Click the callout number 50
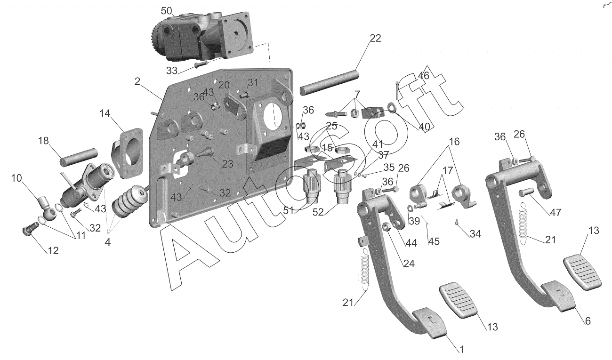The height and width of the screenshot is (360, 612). [166, 11]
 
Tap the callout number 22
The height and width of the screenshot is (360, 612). [375, 38]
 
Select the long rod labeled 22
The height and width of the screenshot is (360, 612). [330, 83]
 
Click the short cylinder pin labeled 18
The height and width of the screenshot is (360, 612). [79, 157]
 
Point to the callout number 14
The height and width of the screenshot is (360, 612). [105, 113]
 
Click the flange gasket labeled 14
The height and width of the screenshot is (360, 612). [127, 153]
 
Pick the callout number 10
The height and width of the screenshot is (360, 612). [16, 178]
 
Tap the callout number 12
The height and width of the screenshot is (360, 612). [53, 251]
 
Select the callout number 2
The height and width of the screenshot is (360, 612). [137, 81]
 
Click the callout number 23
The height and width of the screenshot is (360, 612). [227, 164]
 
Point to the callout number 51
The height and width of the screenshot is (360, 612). [289, 210]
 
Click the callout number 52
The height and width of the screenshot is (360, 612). [318, 212]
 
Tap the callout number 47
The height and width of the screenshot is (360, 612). [556, 213]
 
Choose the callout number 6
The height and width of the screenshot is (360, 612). [588, 320]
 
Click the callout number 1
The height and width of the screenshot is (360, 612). [462, 349]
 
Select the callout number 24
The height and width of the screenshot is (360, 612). [409, 264]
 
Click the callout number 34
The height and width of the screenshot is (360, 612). [475, 234]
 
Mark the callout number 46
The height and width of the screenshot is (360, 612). [424, 75]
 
